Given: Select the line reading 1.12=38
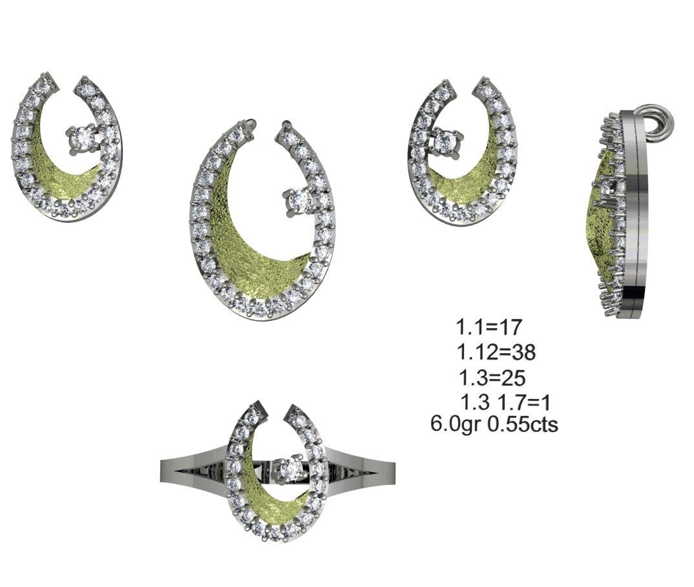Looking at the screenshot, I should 496,352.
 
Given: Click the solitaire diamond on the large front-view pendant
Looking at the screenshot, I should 298,201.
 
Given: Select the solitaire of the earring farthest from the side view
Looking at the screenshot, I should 83,137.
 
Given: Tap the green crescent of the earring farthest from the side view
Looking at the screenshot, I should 61,181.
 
